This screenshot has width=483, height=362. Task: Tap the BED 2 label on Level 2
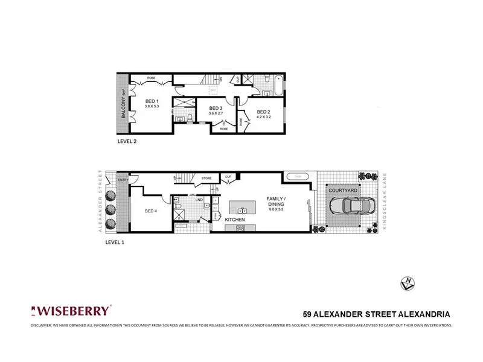[263, 112]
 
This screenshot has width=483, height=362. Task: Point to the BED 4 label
[151, 211]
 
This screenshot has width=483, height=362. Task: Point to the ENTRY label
[124, 179]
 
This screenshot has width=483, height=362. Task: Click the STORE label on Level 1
[206, 178]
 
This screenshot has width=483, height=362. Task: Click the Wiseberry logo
[71, 311]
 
